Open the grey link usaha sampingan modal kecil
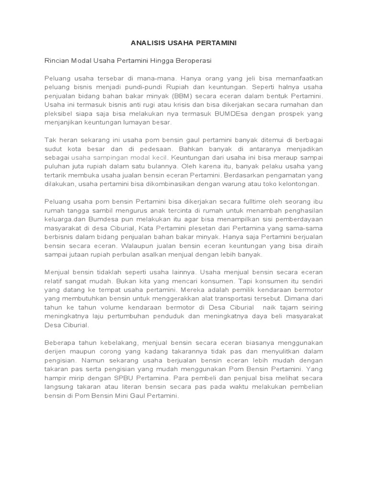coord(119,157)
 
